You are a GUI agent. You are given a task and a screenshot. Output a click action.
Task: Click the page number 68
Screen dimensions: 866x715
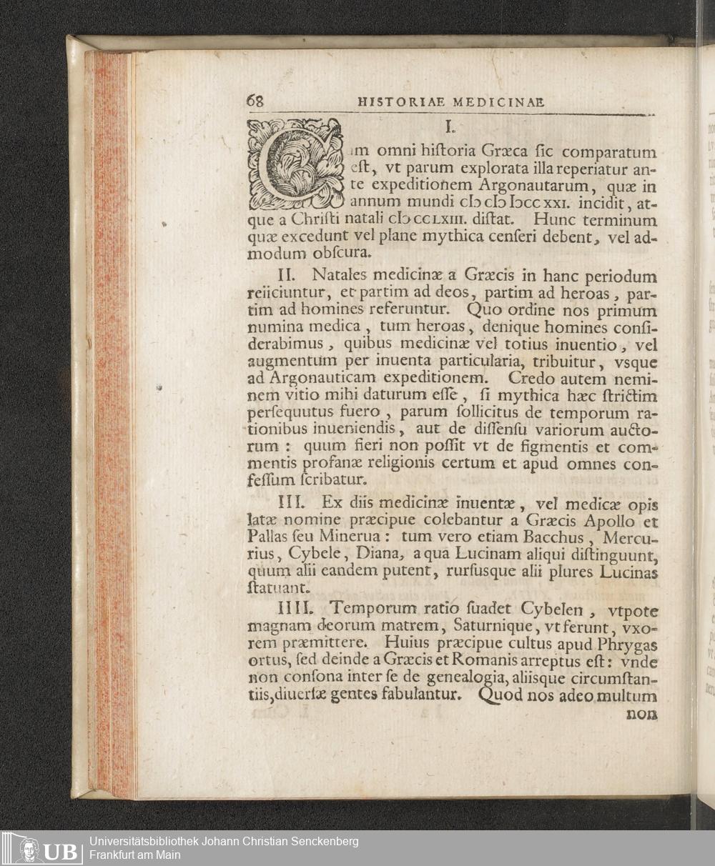tap(255, 101)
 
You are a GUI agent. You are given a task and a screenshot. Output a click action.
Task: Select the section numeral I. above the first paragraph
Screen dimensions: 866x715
tap(450, 127)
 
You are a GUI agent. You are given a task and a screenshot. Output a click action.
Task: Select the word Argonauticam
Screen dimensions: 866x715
tap(318, 378)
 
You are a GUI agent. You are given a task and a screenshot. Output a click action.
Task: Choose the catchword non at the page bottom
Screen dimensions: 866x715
tap(641, 713)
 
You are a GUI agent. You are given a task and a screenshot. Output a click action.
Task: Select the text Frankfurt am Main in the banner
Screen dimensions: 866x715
tap(135, 855)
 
